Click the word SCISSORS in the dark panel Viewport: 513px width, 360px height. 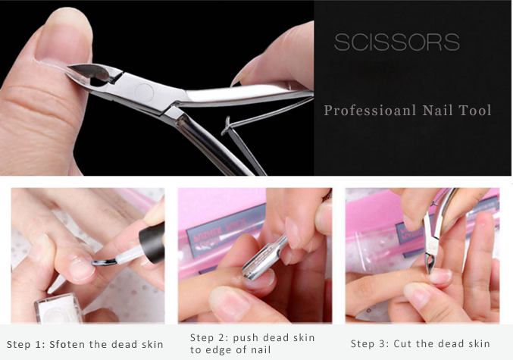point(397,42)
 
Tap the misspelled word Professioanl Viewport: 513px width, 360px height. point(370,111)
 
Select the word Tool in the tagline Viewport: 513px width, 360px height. point(475,111)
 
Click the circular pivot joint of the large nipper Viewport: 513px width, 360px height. point(144,92)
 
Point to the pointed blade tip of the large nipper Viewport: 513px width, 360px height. point(70,67)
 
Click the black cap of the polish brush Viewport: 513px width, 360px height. point(152,243)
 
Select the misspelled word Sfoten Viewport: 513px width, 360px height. point(67,344)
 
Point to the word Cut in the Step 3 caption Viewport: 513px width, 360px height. point(402,343)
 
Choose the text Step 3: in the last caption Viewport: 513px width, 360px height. point(370,343)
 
